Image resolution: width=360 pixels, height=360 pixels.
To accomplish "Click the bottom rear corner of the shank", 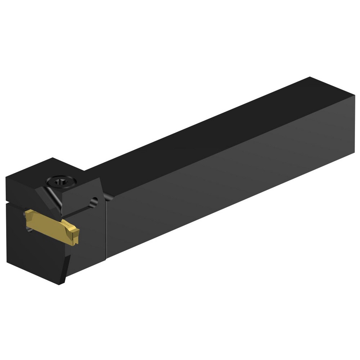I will (x=354, y=158).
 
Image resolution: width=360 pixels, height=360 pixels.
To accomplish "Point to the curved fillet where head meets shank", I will (x=107, y=196).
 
